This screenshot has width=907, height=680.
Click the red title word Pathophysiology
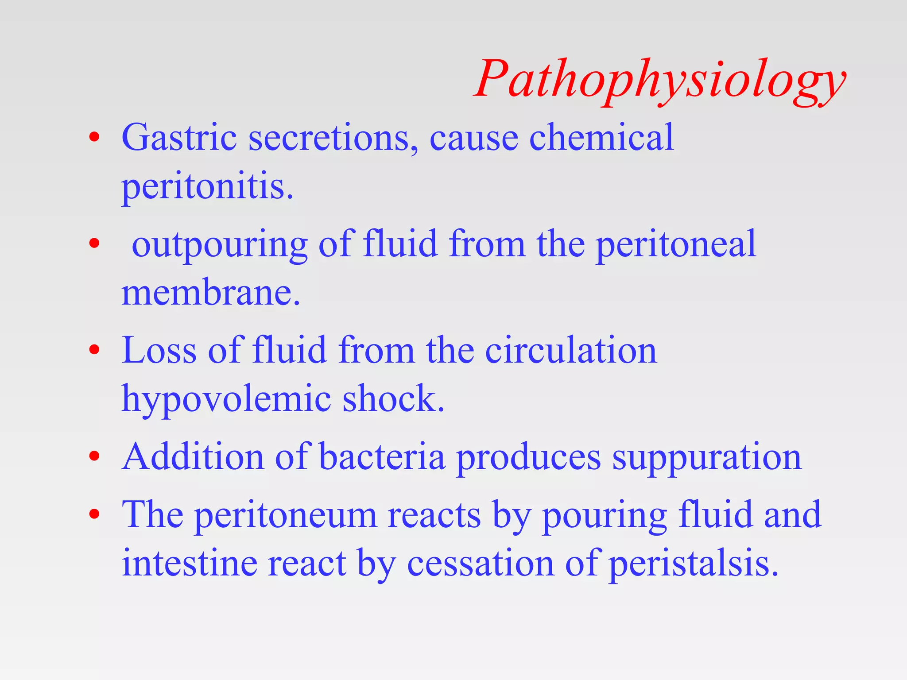point(660,80)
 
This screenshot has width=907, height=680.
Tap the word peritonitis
point(207,187)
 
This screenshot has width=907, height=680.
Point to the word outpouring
point(220,244)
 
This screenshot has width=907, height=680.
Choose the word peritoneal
point(676,244)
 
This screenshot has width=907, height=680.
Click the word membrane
point(211,293)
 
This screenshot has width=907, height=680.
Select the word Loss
point(159,351)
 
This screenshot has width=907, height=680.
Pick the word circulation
point(571,351)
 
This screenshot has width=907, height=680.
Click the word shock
point(393,398)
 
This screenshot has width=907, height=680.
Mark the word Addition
point(193,457)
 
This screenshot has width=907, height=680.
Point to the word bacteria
point(382,457)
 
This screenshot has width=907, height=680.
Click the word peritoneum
point(286,515)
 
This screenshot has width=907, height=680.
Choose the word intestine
point(190,563)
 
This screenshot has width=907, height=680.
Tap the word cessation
point(481,563)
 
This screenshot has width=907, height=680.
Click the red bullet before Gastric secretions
point(94,137)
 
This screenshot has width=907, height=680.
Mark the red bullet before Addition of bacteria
point(94,456)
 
